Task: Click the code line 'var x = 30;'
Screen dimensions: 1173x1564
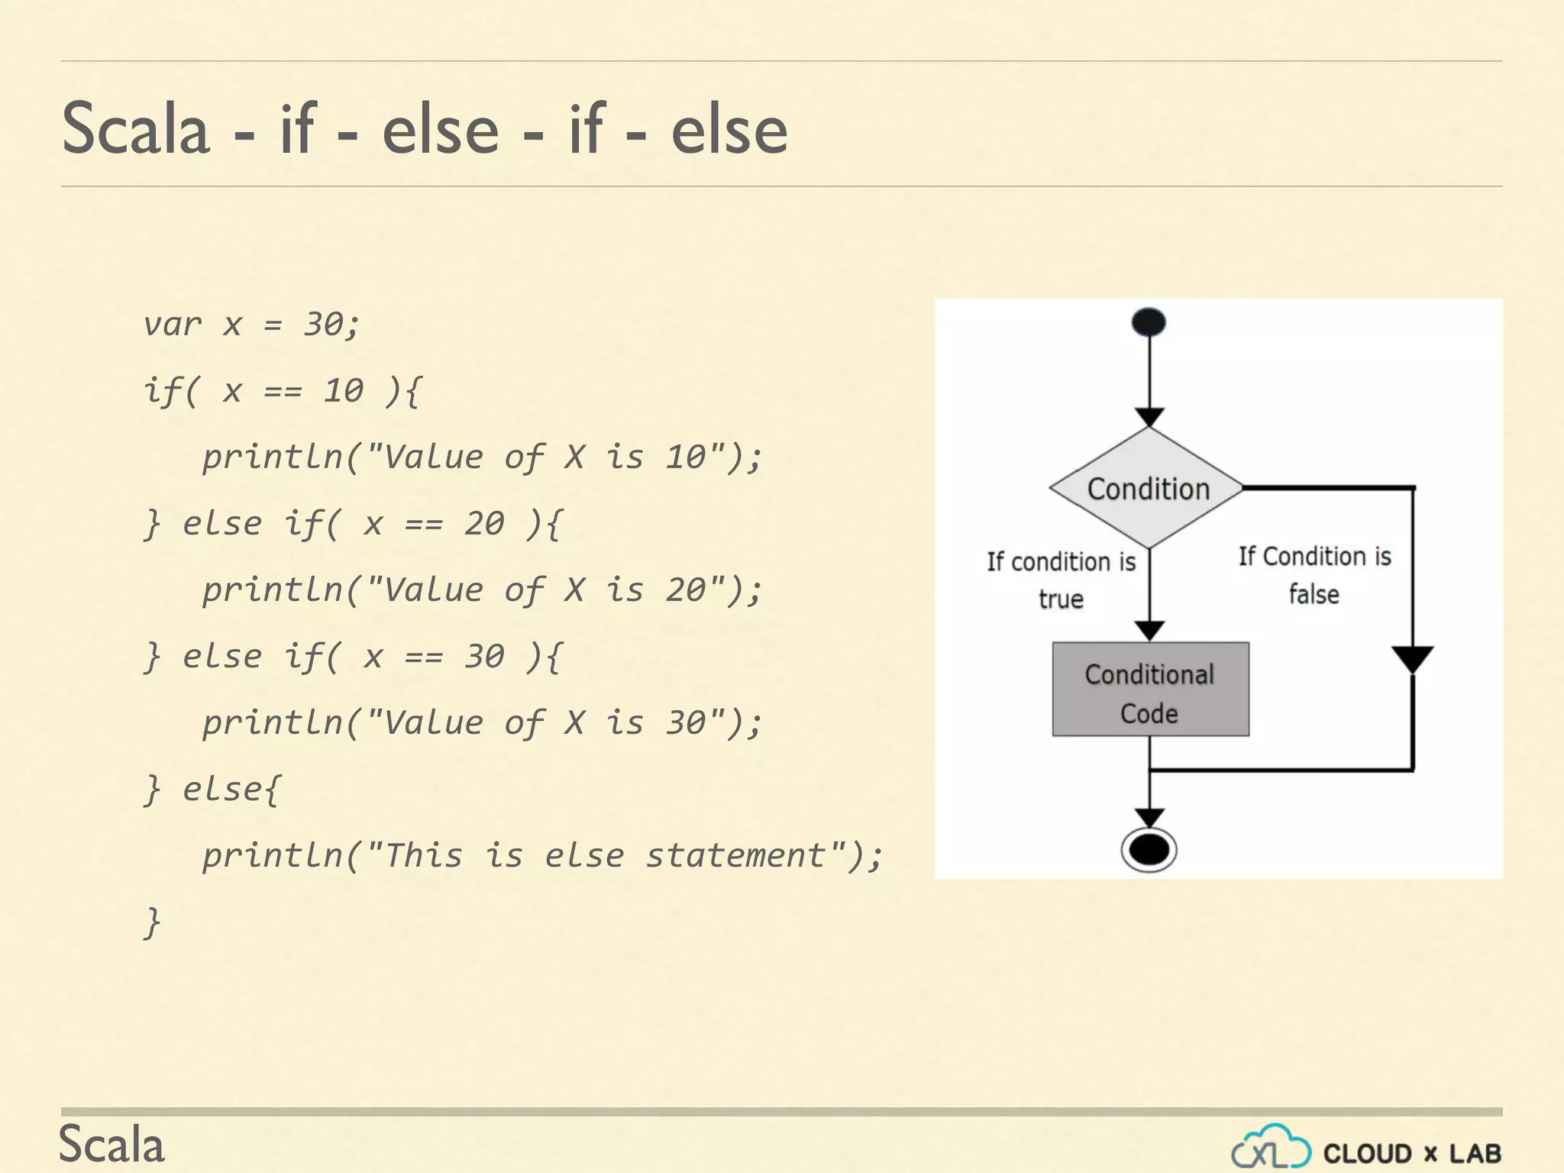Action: click(250, 325)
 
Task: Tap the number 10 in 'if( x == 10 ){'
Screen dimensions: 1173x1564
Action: click(343, 391)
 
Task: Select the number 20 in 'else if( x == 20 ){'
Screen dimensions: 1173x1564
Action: click(484, 524)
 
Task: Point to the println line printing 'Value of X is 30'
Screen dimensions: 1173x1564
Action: click(481, 723)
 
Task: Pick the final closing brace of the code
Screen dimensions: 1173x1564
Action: click(152, 922)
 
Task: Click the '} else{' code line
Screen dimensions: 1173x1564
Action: click(212, 789)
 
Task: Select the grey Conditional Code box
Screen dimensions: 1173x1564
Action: click(1150, 690)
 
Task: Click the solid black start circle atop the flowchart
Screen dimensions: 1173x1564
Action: click(1149, 322)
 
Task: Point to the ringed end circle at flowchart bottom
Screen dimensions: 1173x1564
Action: click(1149, 849)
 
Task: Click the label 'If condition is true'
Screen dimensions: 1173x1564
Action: click(1061, 580)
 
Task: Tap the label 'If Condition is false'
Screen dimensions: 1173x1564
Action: click(1314, 575)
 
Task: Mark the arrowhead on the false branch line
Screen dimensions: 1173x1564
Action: click(1412, 659)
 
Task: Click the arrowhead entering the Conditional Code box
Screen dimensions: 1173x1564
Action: click(1149, 631)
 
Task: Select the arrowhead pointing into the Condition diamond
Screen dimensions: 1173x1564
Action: click(1149, 417)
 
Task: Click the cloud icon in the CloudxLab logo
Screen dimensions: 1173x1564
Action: click(1271, 1147)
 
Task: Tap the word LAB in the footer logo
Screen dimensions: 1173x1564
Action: click(1475, 1153)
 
